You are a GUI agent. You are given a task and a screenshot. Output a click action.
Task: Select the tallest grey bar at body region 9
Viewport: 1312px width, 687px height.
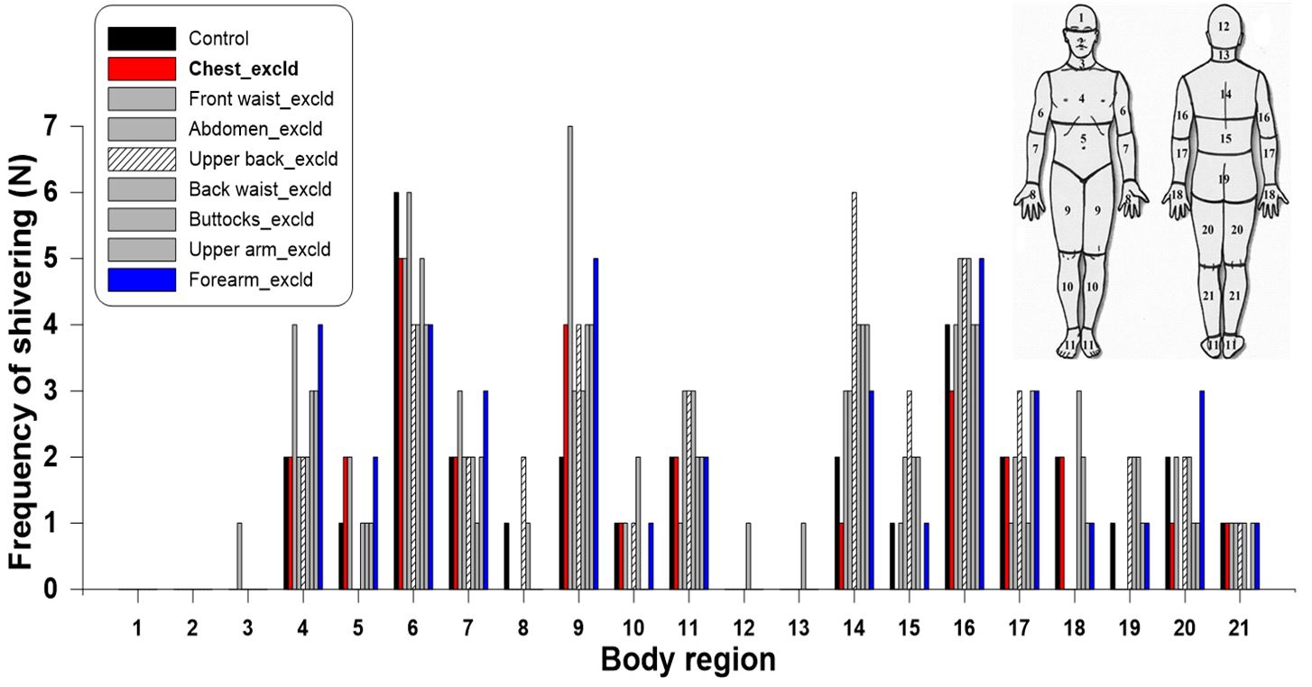569,361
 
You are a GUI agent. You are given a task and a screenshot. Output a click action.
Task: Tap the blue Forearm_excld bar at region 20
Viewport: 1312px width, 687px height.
1202,491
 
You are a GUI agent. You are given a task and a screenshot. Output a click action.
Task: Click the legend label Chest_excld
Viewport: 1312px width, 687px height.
244,69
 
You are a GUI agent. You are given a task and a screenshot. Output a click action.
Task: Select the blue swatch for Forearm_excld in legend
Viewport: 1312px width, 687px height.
142,280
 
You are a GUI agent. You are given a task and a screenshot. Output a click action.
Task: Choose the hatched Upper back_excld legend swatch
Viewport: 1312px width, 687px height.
142,160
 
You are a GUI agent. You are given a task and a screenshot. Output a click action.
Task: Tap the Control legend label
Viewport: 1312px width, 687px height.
218,39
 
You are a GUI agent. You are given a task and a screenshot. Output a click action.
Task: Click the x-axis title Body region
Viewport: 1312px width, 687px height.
688,660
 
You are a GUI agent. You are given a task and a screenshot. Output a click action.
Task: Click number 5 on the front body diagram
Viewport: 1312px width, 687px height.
1083,139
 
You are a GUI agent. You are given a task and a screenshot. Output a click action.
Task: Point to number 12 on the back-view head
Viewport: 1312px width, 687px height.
1223,28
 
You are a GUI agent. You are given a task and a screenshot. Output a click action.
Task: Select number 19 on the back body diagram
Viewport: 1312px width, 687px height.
1223,179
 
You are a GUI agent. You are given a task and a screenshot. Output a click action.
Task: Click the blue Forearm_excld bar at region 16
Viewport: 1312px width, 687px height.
981,424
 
